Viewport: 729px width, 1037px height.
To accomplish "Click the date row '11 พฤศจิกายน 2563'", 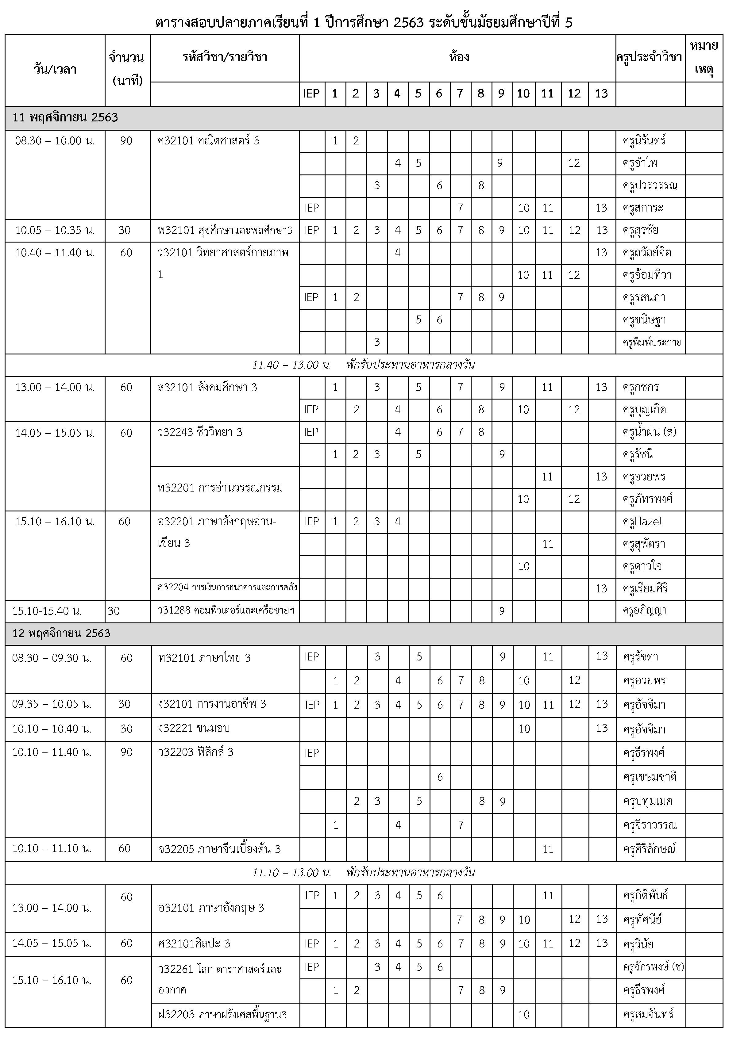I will (66, 118).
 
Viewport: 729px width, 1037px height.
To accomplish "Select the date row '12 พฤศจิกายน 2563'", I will (61, 634).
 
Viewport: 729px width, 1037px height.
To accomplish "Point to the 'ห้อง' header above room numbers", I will (458, 57).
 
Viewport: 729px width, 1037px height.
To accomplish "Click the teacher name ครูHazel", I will (642, 522).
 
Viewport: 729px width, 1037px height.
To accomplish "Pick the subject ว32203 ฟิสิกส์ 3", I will (196, 752).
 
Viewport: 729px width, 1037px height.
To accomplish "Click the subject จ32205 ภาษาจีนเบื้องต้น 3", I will (219, 849).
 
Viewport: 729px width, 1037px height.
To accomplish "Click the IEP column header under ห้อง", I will (311, 94).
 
